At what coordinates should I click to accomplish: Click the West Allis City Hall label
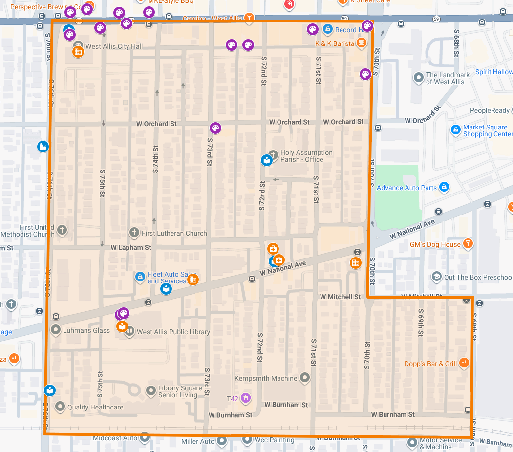pos(114,47)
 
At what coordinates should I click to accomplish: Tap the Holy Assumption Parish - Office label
pos(306,156)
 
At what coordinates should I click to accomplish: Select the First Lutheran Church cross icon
pos(134,233)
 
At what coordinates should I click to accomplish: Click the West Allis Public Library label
pos(173,332)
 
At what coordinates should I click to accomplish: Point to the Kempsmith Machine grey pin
pos(305,378)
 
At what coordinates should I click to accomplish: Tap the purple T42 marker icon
pos(246,398)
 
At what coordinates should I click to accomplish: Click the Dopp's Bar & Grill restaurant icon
pos(464,363)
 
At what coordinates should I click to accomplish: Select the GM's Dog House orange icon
pos(468,244)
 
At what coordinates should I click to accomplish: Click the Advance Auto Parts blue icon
pos(444,187)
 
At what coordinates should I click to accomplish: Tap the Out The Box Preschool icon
pos(436,277)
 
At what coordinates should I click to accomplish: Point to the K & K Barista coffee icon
pos(361,43)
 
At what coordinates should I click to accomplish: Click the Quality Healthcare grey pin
pos(60,407)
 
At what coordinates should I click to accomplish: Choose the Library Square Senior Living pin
pos(151,391)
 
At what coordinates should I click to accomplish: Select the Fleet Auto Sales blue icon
pos(140,277)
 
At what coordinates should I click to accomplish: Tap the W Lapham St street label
pos(130,248)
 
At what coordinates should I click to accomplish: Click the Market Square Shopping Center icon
pos(455,130)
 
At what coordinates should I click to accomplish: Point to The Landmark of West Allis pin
pos(418,77)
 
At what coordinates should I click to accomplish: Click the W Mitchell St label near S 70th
pos(340,297)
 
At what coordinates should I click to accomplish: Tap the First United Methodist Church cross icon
pos(62,230)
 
